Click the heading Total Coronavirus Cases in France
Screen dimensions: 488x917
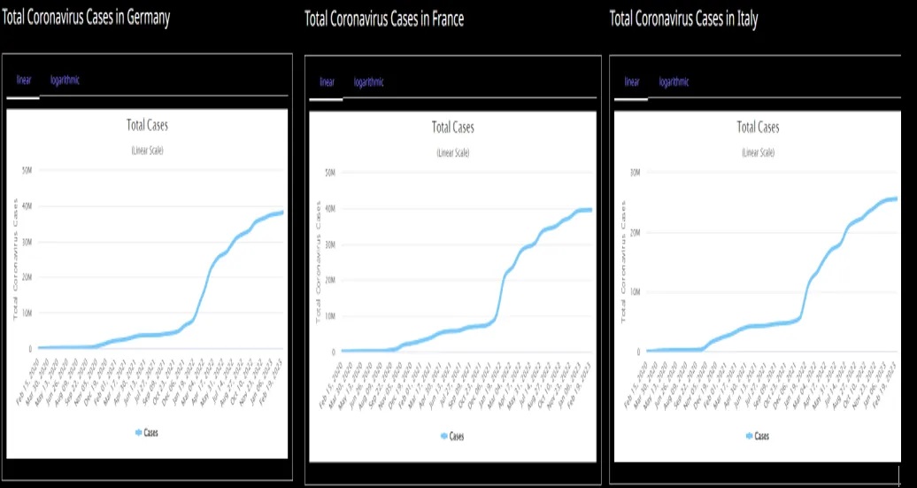(x=383, y=19)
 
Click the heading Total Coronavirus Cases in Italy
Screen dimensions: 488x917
(x=683, y=19)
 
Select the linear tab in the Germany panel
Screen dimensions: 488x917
(x=24, y=81)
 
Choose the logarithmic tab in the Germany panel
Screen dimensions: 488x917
(x=65, y=81)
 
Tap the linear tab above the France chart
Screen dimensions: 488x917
(x=327, y=82)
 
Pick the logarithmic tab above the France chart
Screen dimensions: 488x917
(x=368, y=82)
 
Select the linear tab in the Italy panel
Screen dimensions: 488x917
(x=632, y=82)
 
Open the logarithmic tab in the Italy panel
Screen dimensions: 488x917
(x=674, y=82)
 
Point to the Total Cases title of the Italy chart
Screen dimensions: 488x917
(x=758, y=128)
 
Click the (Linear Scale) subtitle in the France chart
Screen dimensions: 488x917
(x=452, y=152)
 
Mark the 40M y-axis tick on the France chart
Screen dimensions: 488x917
(x=329, y=209)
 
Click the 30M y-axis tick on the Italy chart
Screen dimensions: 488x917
(x=635, y=172)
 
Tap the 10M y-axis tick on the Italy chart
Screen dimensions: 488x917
(x=635, y=291)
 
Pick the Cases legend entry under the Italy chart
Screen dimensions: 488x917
(x=757, y=436)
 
